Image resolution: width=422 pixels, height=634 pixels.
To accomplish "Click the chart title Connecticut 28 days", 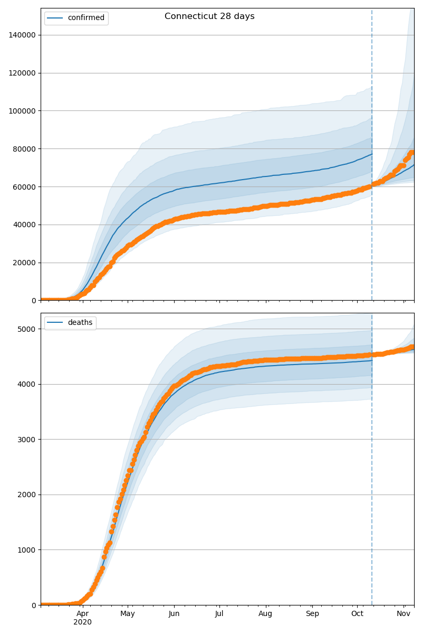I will pyautogui.click(x=209, y=16).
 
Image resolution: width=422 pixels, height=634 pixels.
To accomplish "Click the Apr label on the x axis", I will pyautogui.click(x=82, y=614).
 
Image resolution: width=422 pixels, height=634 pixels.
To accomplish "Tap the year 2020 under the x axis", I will pyautogui.click(x=82, y=622).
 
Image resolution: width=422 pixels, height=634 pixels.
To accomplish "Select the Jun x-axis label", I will pyautogui.click(x=174, y=614).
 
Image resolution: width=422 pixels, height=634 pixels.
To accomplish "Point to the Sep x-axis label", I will pyautogui.click(x=312, y=614).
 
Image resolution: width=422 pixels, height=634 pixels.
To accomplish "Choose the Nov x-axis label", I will pyautogui.click(x=404, y=614).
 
